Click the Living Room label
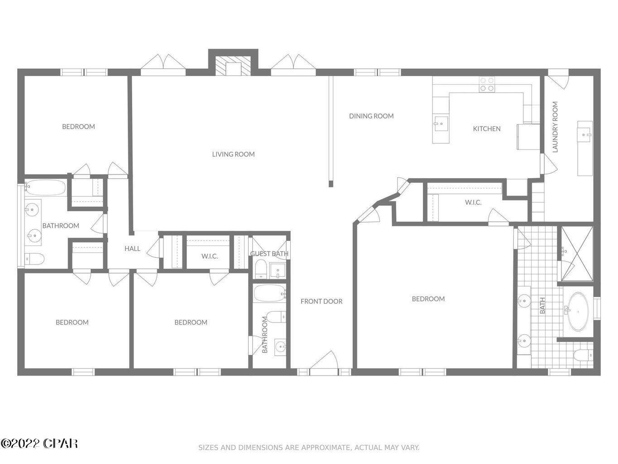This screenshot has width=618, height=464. (233, 154)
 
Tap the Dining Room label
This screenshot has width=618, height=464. (371, 116)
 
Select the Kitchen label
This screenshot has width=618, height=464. (487, 129)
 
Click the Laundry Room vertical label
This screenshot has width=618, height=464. (556, 127)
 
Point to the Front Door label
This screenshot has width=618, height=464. (321, 301)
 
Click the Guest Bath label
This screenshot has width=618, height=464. (269, 254)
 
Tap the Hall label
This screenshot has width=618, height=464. (132, 248)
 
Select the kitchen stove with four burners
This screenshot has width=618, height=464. (487, 84)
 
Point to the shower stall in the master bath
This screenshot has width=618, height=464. (577, 254)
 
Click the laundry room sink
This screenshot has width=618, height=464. (586, 134)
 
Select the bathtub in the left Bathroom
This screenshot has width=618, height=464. (45, 188)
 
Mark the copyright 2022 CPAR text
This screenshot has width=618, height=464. (39, 443)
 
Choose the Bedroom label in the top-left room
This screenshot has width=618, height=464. (78, 126)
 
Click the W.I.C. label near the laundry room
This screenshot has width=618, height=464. (473, 202)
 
